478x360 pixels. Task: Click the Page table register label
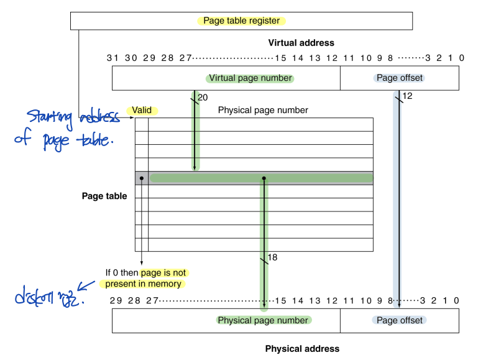(241, 21)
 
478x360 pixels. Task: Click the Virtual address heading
(301, 43)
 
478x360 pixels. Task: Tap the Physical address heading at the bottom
(302, 349)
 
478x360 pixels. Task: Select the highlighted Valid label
(142, 110)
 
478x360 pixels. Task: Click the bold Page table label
(104, 196)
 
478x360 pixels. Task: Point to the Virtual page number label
(250, 78)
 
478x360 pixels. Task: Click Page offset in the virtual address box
(399, 78)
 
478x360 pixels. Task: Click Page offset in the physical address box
(399, 320)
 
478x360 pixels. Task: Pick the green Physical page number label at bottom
(263, 320)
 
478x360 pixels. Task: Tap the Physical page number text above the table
(263, 110)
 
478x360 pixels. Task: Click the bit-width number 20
(203, 98)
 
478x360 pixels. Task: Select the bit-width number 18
(272, 257)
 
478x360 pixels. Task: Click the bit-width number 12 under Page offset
(408, 96)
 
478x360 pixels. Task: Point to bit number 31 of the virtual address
(113, 58)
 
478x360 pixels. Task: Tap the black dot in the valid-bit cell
(142, 178)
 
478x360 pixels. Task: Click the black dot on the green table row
(264, 178)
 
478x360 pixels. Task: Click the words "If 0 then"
(121, 273)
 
